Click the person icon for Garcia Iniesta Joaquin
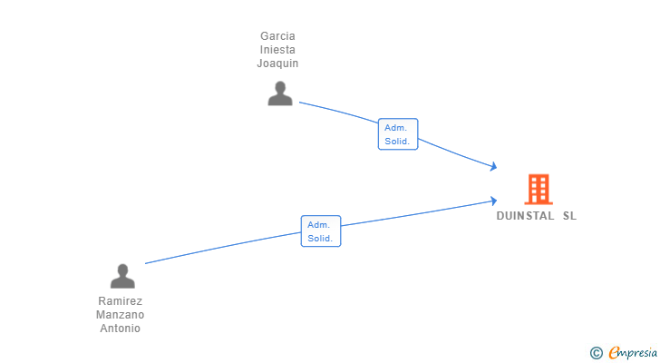click(280, 93)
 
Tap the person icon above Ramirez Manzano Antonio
click(122, 276)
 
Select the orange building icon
click(539, 189)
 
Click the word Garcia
click(277, 36)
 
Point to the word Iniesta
click(277, 50)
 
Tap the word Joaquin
click(277, 64)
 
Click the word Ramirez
click(120, 301)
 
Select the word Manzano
click(120, 315)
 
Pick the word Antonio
click(120, 328)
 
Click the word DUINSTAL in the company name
click(525, 216)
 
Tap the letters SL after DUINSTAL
click(569, 216)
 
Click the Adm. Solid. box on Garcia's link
click(398, 134)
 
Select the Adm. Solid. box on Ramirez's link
click(321, 231)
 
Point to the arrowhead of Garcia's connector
click(494, 167)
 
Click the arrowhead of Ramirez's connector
click(494, 201)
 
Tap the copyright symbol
click(596, 353)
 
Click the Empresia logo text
click(633, 353)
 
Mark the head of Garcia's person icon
click(280, 87)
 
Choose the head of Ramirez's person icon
click(122, 270)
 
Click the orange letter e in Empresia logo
click(614, 352)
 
